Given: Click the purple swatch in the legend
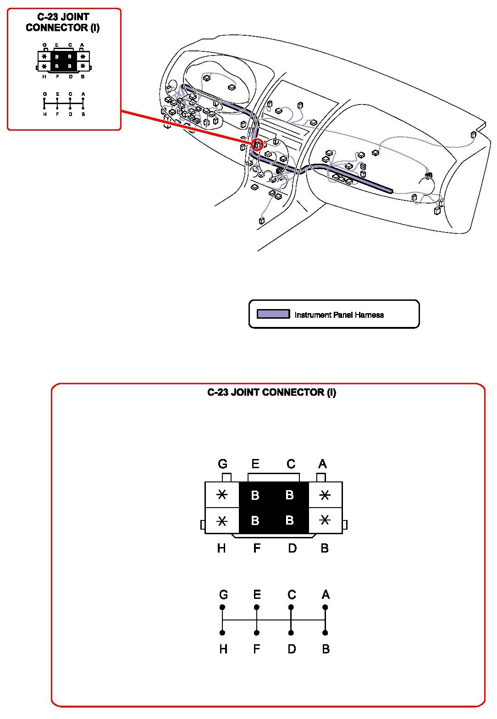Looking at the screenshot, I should coord(273,314).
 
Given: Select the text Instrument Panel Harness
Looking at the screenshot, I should coord(339,315).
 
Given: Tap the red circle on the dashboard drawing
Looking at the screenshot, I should coord(258,145).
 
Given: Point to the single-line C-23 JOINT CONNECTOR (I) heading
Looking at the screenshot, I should coord(271,393).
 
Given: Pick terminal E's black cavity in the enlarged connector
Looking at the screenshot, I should coord(255,495).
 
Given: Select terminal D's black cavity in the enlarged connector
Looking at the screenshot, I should coord(290,520).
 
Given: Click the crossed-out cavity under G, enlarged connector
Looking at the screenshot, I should coord(222,495).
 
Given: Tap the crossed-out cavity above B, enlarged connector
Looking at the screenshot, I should coord(325,520).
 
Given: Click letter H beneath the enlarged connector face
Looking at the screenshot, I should coord(221,548).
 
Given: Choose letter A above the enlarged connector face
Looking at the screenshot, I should coord(322,464).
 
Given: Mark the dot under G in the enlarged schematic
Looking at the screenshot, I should coord(222,607).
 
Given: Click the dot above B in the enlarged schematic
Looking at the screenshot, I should coord(325,633).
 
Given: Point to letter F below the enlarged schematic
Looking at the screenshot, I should coord(257,649).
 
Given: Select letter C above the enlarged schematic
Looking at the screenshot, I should coord(292,595).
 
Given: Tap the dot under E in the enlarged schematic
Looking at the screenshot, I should coord(257,607).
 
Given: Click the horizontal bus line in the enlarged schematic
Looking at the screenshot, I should coord(274,620).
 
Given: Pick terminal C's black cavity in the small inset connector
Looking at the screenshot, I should coord(70,57).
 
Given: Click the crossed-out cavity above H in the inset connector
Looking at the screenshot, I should coord(44,66).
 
